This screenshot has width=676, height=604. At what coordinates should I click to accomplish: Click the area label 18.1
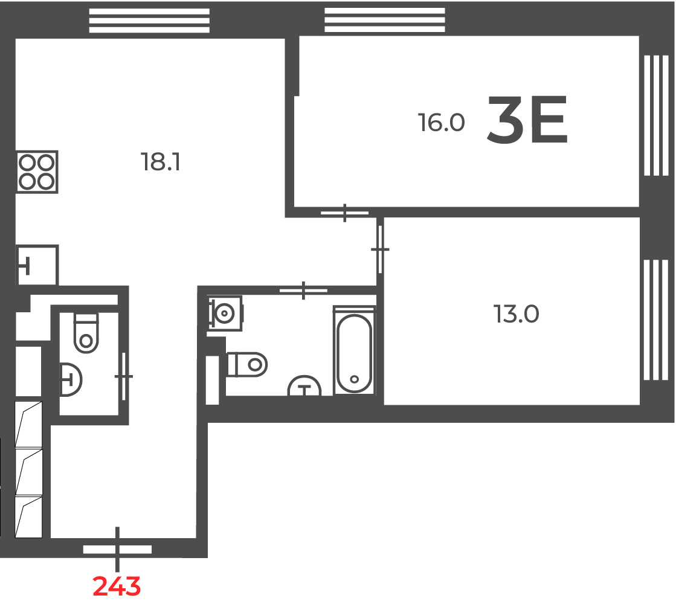[160, 162]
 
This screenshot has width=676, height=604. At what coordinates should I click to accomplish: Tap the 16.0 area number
[441, 123]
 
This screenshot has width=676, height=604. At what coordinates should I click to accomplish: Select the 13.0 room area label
[516, 314]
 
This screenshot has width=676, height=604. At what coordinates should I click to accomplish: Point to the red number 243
[117, 586]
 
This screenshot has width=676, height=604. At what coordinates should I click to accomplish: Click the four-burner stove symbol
[37, 172]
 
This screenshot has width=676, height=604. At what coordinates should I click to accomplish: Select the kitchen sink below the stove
[37, 265]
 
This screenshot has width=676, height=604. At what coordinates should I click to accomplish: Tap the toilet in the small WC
[86, 333]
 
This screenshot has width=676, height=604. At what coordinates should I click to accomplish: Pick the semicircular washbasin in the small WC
[71, 379]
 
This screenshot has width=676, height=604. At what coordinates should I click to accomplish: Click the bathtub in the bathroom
[354, 350]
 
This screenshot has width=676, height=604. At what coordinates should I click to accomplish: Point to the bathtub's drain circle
[355, 379]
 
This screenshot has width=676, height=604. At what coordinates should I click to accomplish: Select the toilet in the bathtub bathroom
[247, 365]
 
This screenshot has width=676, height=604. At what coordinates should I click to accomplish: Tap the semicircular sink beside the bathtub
[304, 386]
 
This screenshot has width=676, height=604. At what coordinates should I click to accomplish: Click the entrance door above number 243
[117, 549]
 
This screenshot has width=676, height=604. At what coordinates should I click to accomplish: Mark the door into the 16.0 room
[344, 213]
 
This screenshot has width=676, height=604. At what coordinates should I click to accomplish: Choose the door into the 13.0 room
[380, 249]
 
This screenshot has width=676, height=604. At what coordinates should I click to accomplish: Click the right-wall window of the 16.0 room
[656, 115]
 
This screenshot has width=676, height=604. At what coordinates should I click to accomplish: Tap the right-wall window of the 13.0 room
[656, 320]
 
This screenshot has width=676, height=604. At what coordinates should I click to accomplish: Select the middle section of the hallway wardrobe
[29, 472]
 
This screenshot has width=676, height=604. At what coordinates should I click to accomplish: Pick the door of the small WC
[124, 376]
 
